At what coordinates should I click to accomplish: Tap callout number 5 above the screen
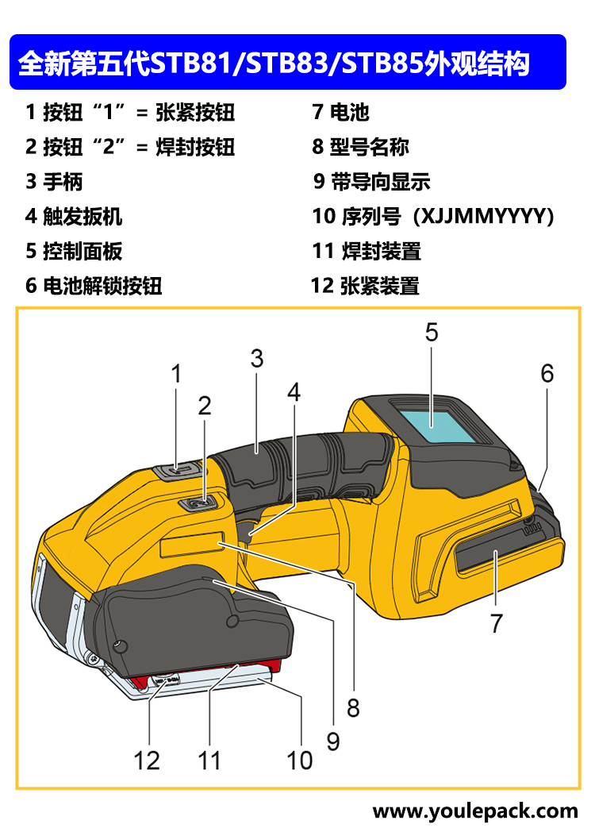click(x=431, y=332)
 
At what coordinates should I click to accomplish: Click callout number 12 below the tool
click(x=147, y=761)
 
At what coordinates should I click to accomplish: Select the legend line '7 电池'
click(x=341, y=112)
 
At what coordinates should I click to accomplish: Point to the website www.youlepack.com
click(x=475, y=811)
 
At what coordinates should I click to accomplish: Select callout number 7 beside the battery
click(x=497, y=624)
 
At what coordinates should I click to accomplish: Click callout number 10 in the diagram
click(x=300, y=761)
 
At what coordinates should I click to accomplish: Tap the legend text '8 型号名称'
click(x=361, y=147)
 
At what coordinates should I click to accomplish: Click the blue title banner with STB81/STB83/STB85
click(x=287, y=62)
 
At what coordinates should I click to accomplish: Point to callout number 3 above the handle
click(x=256, y=358)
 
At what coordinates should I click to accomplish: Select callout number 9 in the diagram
click(x=333, y=741)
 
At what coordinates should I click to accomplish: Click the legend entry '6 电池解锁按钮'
click(x=94, y=286)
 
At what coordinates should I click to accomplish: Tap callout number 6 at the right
click(x=547, y=373)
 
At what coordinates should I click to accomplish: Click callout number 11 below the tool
click(x=209, y=761)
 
